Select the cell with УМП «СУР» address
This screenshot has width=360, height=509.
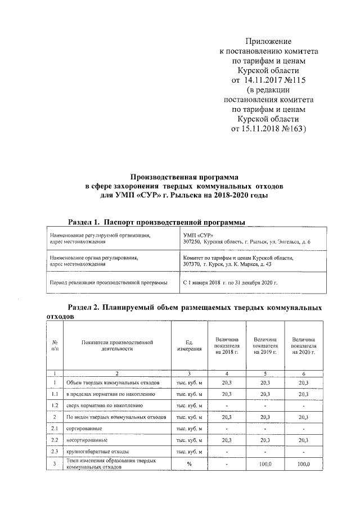[x=247, y=237]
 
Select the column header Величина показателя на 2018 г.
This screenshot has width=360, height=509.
[x=227, y=345]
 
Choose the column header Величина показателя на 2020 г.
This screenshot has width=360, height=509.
[x=303, y=345]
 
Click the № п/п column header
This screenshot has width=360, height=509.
[x=55, y=345]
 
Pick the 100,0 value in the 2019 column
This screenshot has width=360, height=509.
[x=265, y=464]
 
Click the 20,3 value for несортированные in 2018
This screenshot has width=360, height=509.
[x=227, y=440]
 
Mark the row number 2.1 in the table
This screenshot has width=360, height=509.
[x=55, y=429]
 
